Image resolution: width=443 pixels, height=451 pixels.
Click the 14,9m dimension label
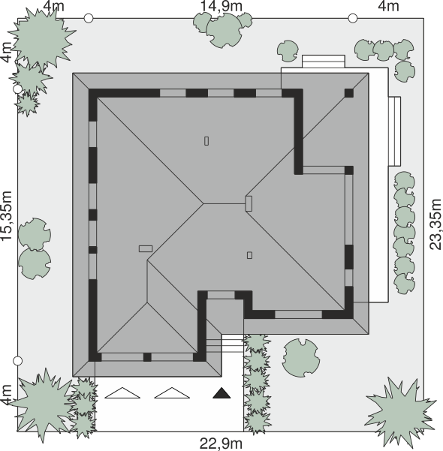[x=221, y=6]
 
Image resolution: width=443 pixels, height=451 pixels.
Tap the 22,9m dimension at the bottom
[x=221, y=443]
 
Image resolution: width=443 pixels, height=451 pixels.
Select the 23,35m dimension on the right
[x=435, y=224]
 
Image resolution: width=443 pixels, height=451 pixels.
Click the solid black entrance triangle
[x=221, y=393]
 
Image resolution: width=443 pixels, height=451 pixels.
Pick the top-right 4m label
[x=388, y=6]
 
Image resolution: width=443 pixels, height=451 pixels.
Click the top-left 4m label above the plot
[x=54, y=6]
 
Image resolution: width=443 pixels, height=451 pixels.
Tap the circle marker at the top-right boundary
[x=353, y=18]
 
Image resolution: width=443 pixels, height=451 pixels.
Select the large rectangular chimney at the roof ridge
[x=249, y=203]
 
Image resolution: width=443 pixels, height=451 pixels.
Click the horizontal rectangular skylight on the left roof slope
[x=146, y=248]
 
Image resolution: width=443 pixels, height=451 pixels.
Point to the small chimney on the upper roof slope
[x=206, y=141]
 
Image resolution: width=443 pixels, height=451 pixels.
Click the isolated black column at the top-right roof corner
[x=349, y=93]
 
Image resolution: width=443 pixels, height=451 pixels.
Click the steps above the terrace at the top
[x=324, y=62]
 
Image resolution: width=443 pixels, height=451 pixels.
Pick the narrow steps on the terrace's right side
[x=394, y=131]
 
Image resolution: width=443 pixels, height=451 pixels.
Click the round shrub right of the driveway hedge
[x=301, y=357]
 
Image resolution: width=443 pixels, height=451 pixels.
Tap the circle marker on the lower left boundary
[x=18, y=361]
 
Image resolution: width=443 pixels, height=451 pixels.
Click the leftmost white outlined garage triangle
[x=122, y=393]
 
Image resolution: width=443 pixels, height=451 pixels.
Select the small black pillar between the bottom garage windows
[x=147, y=357]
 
